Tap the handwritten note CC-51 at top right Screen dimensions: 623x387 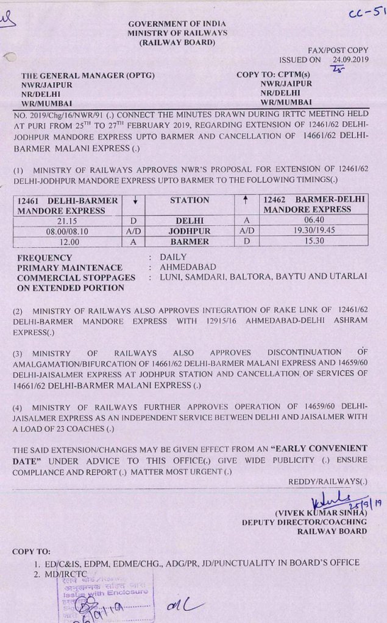368,15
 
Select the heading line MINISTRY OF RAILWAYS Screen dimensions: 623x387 177,33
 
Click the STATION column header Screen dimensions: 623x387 190,200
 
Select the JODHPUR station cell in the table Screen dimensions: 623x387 190,231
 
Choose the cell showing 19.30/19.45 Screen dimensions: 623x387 314,231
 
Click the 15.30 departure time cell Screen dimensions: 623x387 314,241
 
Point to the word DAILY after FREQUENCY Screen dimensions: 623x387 173,257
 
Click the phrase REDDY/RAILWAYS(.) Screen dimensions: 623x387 328,481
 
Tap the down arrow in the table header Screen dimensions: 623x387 133,200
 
